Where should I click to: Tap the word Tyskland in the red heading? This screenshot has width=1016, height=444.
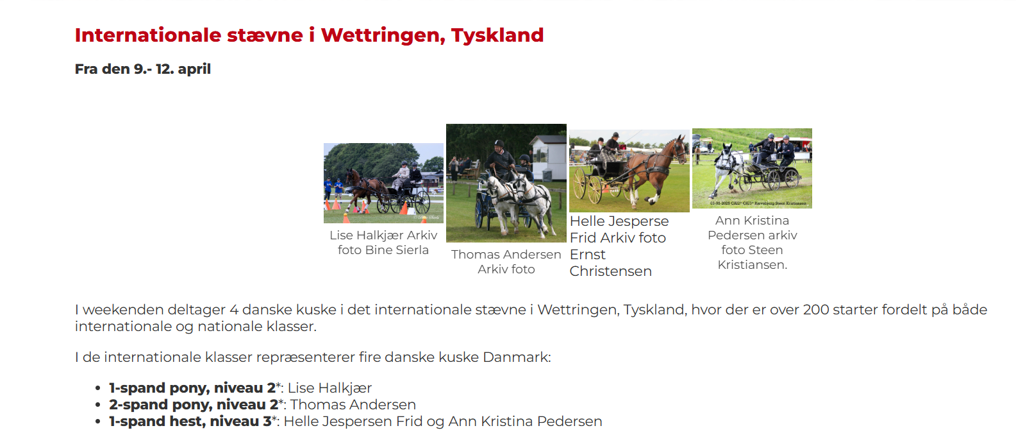tap(497, 35)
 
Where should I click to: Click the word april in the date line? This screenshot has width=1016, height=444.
tap(194, 69)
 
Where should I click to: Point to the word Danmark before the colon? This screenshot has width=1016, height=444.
tap(515, 357)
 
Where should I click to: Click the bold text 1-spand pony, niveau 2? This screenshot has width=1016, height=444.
tap(192, 388)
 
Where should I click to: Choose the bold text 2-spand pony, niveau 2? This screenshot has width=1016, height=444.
tap(194, 405)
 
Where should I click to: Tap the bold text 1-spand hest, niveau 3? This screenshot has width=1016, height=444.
tap(190, 422)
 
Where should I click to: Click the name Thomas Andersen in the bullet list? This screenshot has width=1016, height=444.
tap(353, 405)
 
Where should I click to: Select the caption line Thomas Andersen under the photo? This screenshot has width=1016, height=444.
tap(506, 254)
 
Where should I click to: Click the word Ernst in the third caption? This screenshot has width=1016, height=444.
tap(587, 255)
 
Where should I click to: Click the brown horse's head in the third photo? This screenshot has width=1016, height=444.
tap(679, 149)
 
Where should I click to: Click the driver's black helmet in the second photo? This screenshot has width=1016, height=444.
tap(499, 144)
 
